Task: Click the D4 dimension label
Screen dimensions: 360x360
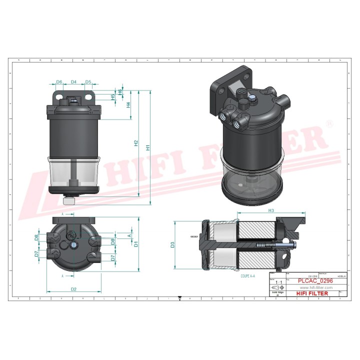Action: tap(73, 81)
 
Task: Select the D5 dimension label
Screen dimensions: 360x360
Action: tap(88, 81)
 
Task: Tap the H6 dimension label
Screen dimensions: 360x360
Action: tap(120, 92)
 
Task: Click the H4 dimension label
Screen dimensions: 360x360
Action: tap(128, 105)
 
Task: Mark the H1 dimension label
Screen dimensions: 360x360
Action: tap(147, 147)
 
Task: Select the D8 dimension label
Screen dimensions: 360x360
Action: tap(36, 237)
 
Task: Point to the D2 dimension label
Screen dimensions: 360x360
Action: tap(73, 289)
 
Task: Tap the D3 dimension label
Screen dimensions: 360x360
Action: tap(172, 244)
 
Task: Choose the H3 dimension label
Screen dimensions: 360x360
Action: tap(271, 211)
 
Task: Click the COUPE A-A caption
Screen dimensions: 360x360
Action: tap(247, 275)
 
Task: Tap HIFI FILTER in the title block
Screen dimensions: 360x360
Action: tap(312, 293)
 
